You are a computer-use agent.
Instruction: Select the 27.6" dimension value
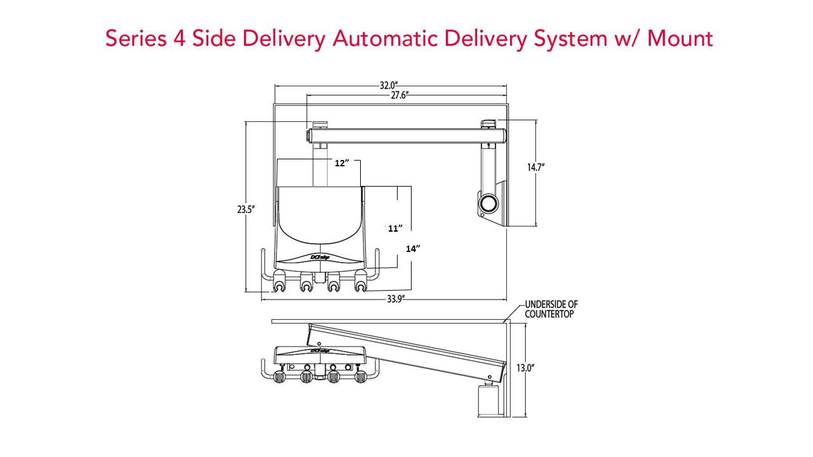(x=400, y=95)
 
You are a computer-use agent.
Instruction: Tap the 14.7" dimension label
(x=536, y=167)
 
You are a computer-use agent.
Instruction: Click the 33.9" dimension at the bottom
(x=394, y=300)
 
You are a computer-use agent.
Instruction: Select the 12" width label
(x=342, y=163)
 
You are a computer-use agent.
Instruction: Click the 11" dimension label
(x=396, y=228)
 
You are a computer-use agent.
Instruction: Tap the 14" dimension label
(x=413, y=249)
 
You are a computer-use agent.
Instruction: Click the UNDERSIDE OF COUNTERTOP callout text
(x=551, y=309)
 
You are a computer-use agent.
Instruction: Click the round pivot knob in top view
(x=489, y=204)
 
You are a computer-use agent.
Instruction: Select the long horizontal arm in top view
(x=406, y=135)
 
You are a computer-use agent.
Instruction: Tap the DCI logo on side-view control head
(x=319, y=350)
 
